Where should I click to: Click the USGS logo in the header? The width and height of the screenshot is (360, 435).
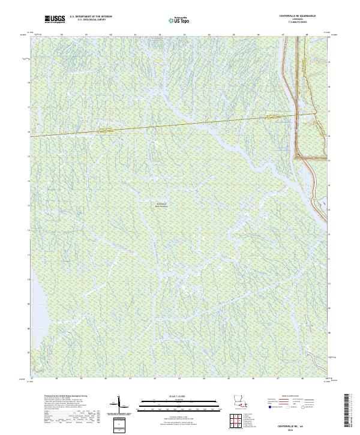55,20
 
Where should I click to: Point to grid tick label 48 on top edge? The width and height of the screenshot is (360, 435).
307,35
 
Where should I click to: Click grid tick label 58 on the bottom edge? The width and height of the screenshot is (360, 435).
56,379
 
